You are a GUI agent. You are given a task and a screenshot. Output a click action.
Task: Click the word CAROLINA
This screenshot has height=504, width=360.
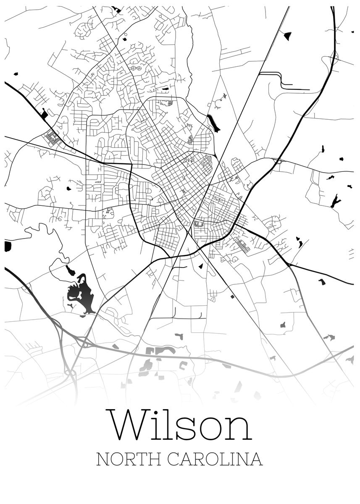tap(215, 459)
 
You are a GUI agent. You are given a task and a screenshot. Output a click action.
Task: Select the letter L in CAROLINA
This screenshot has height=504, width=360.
tap(223, 459)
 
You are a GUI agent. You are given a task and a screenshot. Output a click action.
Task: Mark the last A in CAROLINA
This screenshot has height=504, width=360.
tap(257, 459)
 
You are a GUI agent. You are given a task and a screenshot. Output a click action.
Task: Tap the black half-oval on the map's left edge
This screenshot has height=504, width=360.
tap(8, 246)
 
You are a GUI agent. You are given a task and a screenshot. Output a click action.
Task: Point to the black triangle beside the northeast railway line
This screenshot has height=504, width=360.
tap(288, 36)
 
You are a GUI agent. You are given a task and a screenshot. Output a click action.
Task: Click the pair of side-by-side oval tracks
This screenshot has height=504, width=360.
tap(136, 68)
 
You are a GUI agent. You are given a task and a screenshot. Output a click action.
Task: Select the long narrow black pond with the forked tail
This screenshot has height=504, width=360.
tap(213, 123)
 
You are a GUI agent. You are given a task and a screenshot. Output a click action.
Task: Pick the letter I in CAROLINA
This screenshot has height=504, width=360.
tap(231, 459)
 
